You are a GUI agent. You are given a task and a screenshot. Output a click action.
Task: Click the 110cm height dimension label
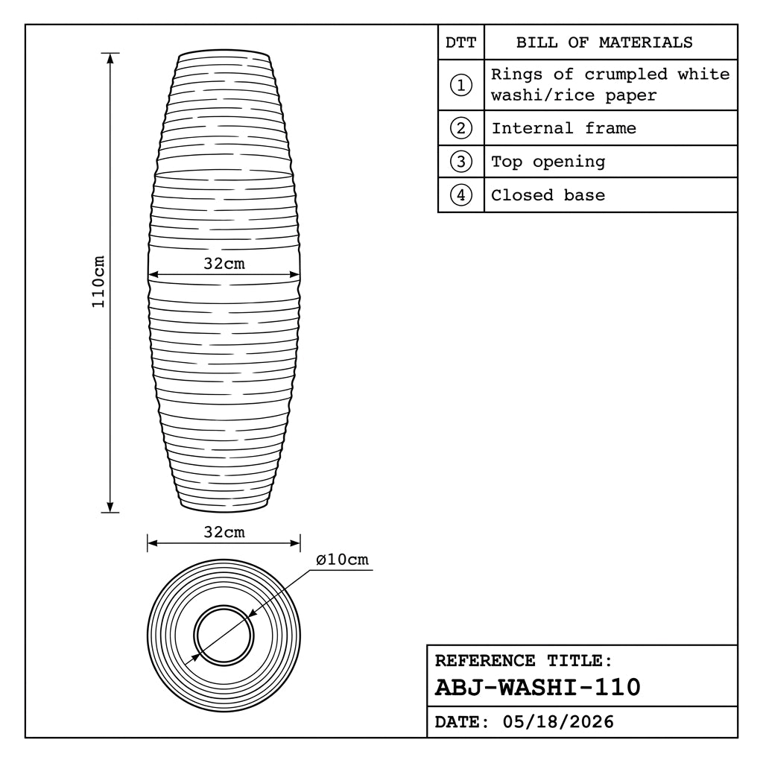[x=98, y=281]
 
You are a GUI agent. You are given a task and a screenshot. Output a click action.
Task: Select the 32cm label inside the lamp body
[x=224, y=264]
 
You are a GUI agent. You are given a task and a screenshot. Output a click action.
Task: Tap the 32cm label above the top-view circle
[x=224, y=532]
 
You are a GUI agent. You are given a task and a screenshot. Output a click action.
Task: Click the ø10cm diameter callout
[x=342, y=560]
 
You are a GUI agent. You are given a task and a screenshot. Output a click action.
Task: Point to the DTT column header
[x=460, y=42]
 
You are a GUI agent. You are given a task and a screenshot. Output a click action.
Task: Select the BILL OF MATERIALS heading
[x=604, y=42]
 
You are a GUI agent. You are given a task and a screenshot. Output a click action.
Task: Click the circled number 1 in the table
[x=460, y=85]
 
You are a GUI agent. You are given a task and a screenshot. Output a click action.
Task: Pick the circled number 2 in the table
[x=460, y=128]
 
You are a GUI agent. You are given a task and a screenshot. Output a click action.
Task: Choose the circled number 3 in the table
[x=460, y=162]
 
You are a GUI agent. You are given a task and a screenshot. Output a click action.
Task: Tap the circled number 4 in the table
[x=460, y=195]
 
